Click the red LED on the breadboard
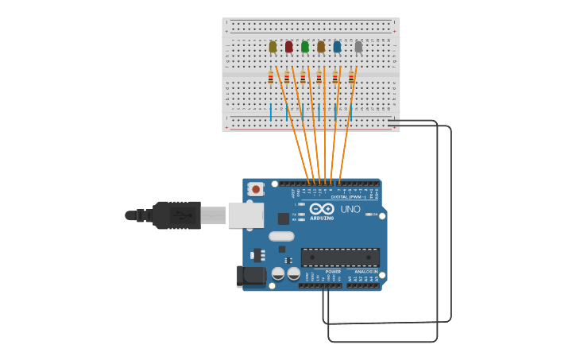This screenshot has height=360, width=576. (288, 47)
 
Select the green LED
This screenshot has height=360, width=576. (305, 47)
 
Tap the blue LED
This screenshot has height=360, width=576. (337, 47)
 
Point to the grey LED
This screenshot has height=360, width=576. (358, 47)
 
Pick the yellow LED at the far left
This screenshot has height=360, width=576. (273, 47)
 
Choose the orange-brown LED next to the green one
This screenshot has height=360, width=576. (321, 47)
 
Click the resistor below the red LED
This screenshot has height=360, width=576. (287, 77)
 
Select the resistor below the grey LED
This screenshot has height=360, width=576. (351, 77)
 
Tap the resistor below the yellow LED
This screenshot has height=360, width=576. (271, 77)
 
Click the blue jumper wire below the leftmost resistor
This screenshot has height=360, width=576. (271, 111)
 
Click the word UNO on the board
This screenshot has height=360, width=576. (350, 210)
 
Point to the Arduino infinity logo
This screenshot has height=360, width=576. (322, 209)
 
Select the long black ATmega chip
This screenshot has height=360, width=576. (340, 257)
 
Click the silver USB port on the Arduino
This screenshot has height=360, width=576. (245, 215)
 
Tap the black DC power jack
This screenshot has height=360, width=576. (251, 277)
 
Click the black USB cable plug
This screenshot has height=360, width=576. (176, 215)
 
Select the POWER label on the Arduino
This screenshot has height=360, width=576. (333, 272)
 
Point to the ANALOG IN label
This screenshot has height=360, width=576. (365, 272)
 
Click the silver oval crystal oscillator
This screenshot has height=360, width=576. (281, 236)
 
